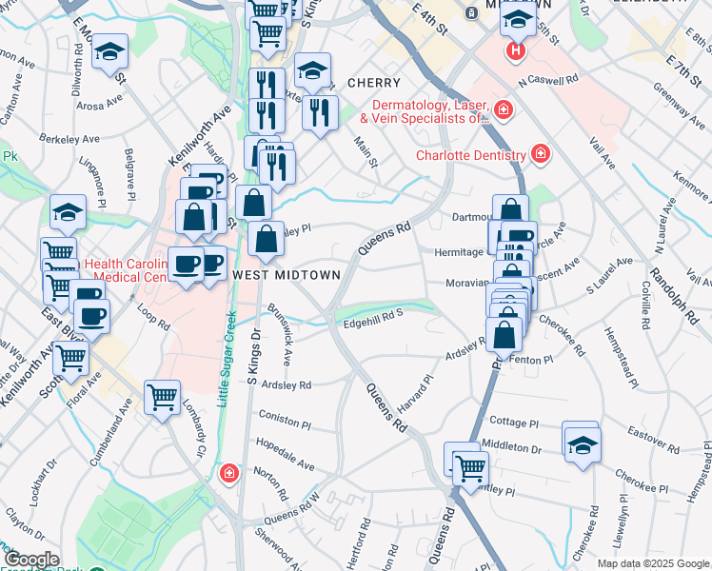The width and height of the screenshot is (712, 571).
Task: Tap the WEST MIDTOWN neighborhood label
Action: click(x=287, y=274)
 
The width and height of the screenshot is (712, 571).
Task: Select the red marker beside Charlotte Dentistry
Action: click(x=540, y=153)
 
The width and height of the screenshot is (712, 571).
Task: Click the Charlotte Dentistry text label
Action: click(x=471, y=155)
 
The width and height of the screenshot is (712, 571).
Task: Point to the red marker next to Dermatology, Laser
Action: click(x=504, y=111)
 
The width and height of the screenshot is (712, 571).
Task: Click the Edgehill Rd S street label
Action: click(x=373, y=324)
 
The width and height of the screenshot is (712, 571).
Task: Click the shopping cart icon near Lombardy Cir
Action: click(x=162, y=397)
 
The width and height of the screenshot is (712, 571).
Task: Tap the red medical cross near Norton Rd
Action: click(x=228, y=473)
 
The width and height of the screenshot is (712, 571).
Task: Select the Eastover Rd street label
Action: click(x=651, y=441)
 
